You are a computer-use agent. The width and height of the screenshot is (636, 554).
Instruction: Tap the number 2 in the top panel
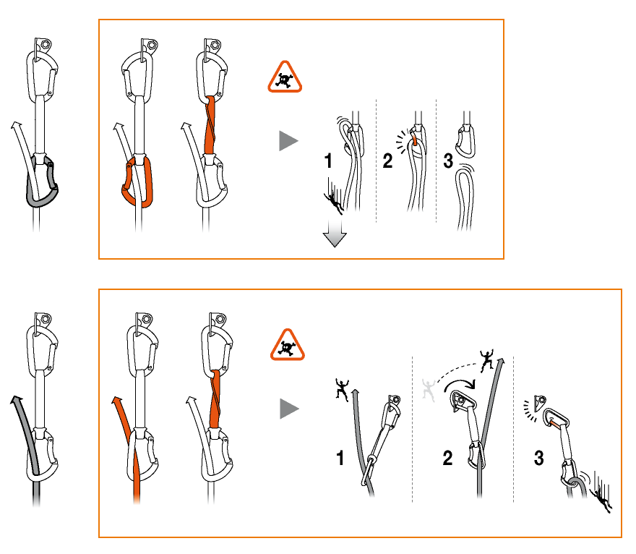[387, 161]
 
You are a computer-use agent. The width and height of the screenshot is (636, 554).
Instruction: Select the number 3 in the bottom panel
[539, 459]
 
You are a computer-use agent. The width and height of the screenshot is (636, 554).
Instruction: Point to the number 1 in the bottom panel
[340, 458]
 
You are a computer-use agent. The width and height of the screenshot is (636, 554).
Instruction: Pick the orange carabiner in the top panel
[137, 182]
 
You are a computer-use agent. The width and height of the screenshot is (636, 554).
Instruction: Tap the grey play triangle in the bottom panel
[289, 409]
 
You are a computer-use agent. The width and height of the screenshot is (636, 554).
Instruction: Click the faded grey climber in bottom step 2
[431, 390]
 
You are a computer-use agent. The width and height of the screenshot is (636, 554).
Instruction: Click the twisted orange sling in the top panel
[210, 127]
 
